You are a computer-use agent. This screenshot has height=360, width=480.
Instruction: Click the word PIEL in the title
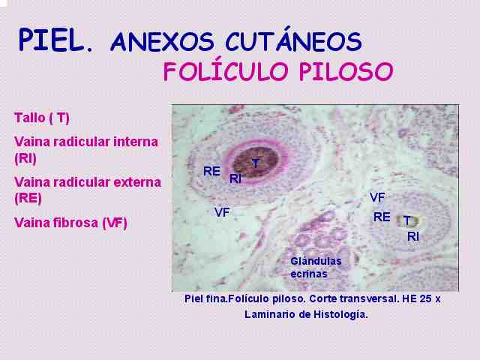(x=51, y=40)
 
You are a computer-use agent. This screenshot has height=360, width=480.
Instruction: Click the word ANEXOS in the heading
(x=162, y=41)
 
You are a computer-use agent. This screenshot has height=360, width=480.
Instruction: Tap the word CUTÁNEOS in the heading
(x=294, y=40)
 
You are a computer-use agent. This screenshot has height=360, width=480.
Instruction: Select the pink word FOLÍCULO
(x=226, y=71)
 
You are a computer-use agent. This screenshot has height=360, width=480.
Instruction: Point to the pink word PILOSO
(x=346, y=72)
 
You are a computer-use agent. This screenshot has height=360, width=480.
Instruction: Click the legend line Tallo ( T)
(x=42, y=118)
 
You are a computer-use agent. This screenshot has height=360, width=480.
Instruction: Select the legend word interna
(x=136, y=142)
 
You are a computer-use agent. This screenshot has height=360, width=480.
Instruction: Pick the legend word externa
(x=137, y=182)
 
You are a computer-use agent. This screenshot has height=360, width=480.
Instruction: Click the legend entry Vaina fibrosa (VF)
(x=70, y=223)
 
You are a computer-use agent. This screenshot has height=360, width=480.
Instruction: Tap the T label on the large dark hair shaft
(x=256, y=163)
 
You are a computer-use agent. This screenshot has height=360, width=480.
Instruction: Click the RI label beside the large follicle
(x=235, y=178)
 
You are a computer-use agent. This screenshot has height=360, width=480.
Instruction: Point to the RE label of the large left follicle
(x=211, y=171)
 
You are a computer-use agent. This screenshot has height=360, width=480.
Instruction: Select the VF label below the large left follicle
(x=222, y=212)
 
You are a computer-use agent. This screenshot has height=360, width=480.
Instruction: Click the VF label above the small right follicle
(x=377, y=197)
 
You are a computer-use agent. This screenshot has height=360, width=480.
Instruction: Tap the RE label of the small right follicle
(x=382, y=217)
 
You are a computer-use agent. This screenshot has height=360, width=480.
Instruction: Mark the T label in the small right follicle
(x=406, y=220)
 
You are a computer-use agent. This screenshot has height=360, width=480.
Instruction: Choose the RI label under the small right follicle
(x=413, y=236)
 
